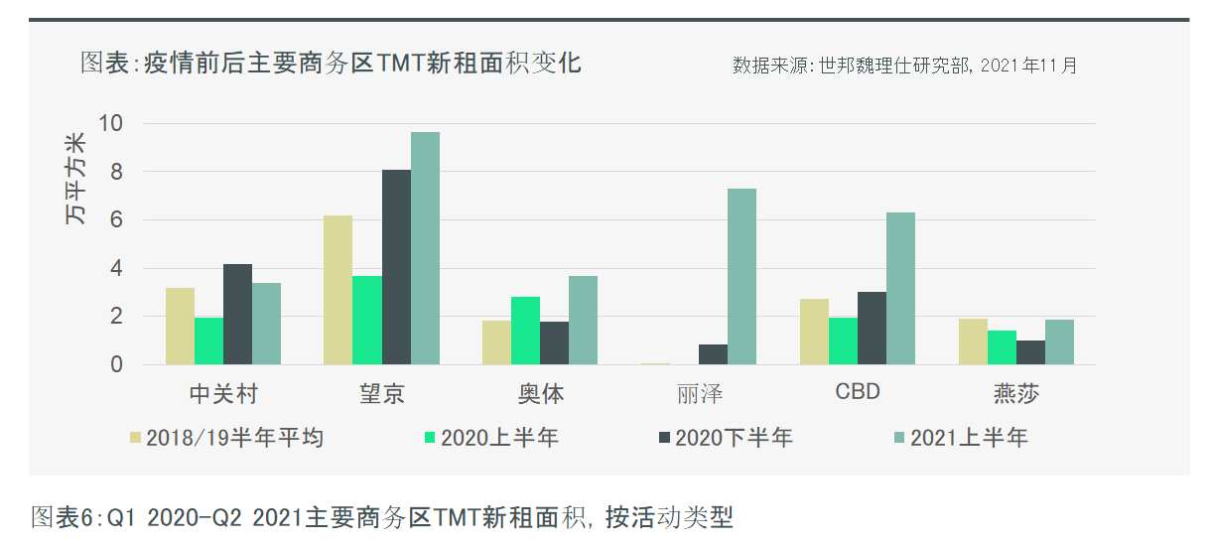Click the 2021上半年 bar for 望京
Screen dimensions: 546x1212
pyautogui.click(x=425, y=248)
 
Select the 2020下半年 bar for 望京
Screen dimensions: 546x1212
pyautogui.click(x=396, y=267)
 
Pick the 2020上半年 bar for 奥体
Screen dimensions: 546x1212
pyautogui.click(x=526, y=331)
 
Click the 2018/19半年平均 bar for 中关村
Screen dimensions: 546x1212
pyautogui.click(x=180, y=326)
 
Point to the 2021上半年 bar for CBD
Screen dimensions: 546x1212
pyautogui.click(x=900, y=288)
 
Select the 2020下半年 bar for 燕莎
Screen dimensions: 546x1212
pyautogui.click(x=1030, y=352)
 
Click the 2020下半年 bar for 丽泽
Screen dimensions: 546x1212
pyautogui.click(x=713, y=354)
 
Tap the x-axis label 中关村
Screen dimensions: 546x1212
pyautogui.click(x=222, y=393)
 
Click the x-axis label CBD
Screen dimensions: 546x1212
pyautogui.click(x=857, y=392)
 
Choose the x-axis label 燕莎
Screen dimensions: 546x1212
pyautogui.click(x=1015, y=393)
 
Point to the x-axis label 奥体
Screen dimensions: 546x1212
pyautogui.click(x=540, y=393)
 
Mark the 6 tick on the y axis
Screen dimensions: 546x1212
pyautogui.click(x=116, y=220)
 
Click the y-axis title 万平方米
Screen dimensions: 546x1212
pyautogui.click(x=76, y=178)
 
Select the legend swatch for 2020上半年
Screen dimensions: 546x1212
pyautogui.click(x=430, y=438)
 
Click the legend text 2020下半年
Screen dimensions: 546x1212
pyautogui.click(x=734, y=438)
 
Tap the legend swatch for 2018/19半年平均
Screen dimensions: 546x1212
pyautogui.click(x=136, y=438)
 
